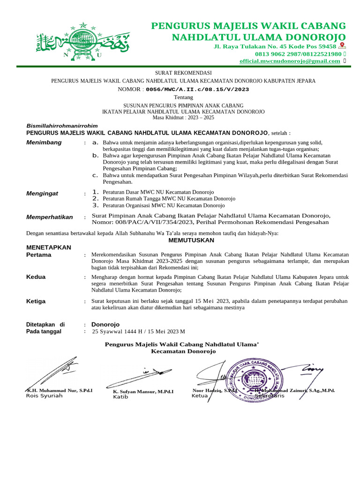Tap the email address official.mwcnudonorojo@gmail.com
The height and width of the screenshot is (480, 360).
tap(289, 61)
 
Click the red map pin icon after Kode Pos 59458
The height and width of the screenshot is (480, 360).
tap(342, 45)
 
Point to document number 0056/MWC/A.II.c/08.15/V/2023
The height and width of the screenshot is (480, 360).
tap(197, 89)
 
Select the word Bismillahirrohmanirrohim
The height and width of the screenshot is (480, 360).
tap(61, 126)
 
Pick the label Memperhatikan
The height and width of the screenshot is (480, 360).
tap(50, 217)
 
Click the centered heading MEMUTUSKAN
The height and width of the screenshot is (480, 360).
tap(191, 240)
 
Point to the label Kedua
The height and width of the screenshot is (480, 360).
tap(36, 277)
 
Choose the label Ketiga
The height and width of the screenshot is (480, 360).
tap(36, 301)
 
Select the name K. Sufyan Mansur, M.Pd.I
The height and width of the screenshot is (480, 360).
tap(143, 391)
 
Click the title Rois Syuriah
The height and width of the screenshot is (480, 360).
tap(44, 396)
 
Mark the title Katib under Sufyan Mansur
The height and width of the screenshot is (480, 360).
tap(120, 397)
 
